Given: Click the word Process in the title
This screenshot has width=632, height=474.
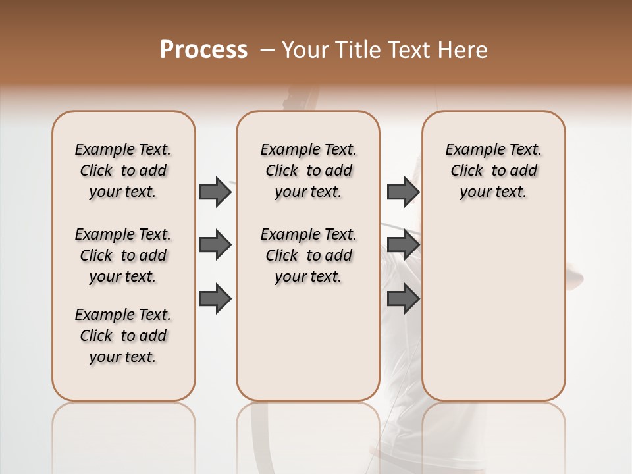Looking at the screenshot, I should tap(203, 50).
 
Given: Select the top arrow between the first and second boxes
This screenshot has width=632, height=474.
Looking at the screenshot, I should tap(215, 192).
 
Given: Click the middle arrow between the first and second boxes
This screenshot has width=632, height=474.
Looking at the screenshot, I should tap(215, 246).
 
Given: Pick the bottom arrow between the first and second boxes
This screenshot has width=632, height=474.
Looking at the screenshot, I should tap(215, 299).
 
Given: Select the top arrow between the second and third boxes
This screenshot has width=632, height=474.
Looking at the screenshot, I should tap(403, 192).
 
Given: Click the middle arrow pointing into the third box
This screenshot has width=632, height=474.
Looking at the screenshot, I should tap(403, 246).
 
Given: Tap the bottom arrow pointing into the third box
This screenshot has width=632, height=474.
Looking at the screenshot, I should tap(403, 299).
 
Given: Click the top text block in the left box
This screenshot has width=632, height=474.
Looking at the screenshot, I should tap(123, 171).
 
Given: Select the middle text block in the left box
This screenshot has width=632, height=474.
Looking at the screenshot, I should tap(123, 255).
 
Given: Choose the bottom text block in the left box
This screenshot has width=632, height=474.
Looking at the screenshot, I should tap(123, 336).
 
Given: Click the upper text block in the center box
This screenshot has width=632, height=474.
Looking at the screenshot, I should tap(308, 171).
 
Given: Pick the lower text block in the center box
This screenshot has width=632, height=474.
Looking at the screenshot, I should tap(308, 255).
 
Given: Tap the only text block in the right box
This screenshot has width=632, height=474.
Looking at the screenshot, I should tap(493, 171).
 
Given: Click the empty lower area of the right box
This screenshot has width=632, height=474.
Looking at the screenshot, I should tap(493, 309).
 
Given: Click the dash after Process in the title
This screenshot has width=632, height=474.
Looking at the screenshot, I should tap(267, 50).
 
